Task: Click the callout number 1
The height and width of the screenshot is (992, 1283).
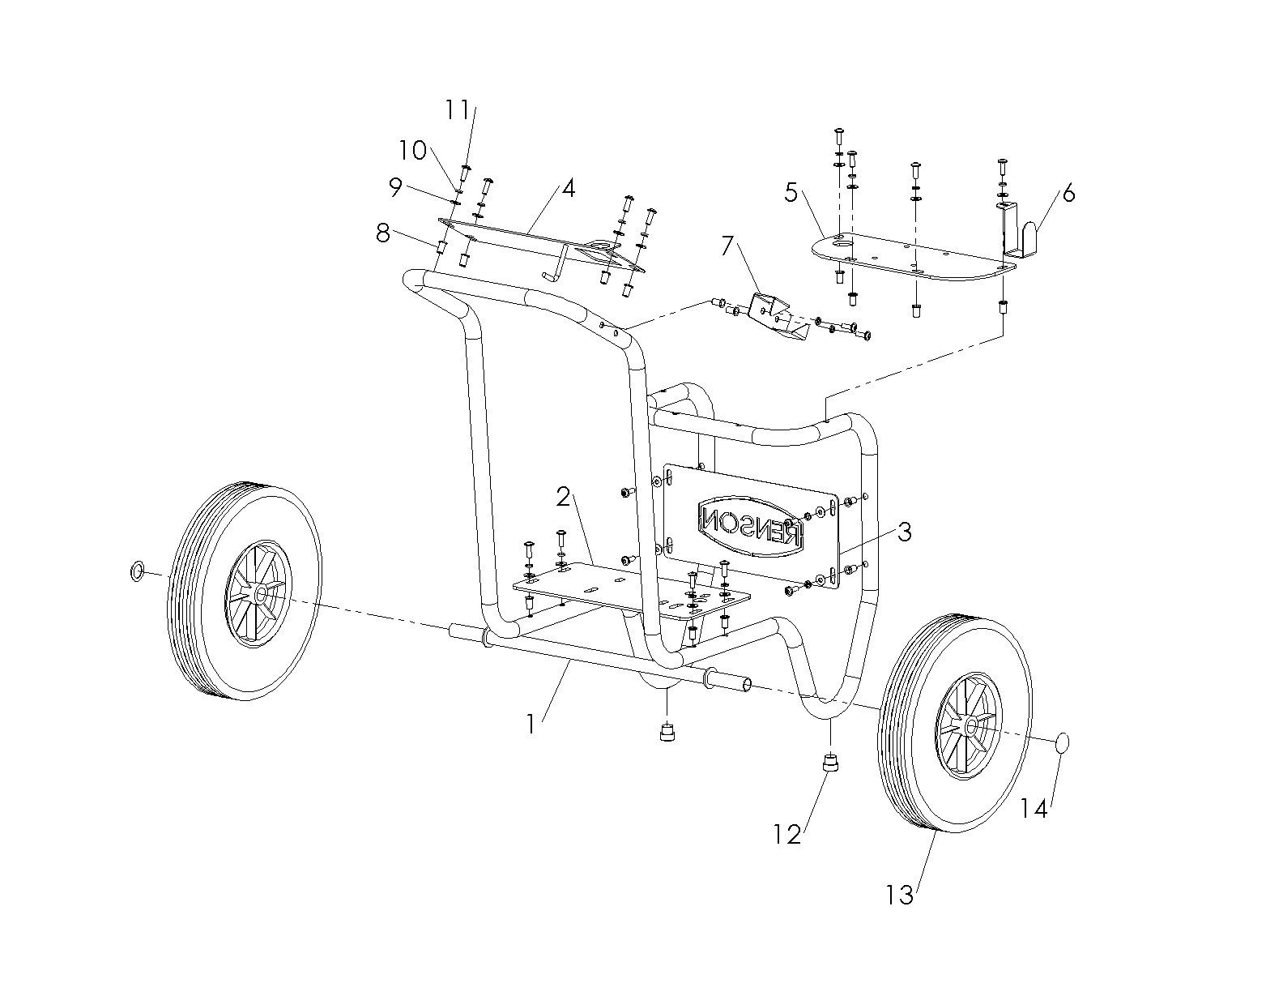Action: point(531,723)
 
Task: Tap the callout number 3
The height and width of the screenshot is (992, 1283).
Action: point(905,532)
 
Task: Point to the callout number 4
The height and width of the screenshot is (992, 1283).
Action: point(568,188)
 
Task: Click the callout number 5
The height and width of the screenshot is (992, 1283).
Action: point(791,194)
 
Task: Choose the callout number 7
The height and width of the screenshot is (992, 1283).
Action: point(727,244)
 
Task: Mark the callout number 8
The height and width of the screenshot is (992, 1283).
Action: point(383,234)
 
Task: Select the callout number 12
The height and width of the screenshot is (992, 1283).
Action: point(787,833)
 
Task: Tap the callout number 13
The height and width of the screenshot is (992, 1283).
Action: point(900,895)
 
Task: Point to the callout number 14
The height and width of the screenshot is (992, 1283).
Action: point(1034,808)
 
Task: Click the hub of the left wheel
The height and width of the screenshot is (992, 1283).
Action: point(260,593)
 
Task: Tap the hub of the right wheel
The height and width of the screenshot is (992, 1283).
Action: point(969,727)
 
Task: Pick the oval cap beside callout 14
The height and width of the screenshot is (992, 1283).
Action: point(1064,742)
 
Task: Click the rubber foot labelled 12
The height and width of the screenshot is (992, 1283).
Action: point(829,763)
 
